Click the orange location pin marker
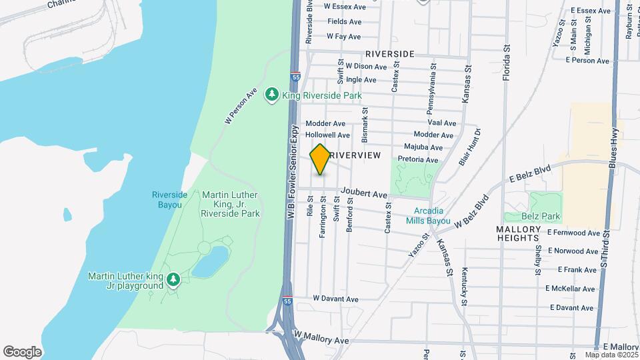click(x=320, y=159)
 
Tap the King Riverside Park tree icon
click(x=271, y=95)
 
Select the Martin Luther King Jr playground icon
click(x=173, y=279)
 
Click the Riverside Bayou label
click(x=167, y=200)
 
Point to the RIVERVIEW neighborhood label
click(x=355, y=155)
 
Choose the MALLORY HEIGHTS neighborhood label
click(x=526, y=233)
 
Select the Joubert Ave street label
click(x=363, y=195)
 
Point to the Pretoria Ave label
click(x=417, y=160)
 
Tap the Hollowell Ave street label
click(x=327, y=135)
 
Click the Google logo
click(x=22, y=351)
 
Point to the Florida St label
click(x=507, y=59)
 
